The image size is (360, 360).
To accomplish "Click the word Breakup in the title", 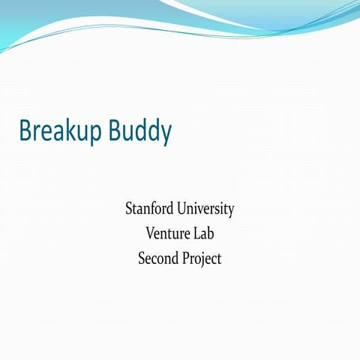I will click(62, 131).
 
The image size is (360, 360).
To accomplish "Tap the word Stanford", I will click(150, 208).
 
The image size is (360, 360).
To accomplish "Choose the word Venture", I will click(169, 233).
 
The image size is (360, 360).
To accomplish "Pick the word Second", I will click(157, 259).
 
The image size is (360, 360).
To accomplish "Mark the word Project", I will click(202, 259).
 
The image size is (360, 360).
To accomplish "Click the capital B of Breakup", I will click(25, 130).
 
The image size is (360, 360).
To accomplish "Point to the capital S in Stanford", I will click(129, 208).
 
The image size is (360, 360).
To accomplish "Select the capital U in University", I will click(183, 208).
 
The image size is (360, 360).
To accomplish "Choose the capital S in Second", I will click(142, 259).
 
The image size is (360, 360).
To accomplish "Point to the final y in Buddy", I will click(166, 134).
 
